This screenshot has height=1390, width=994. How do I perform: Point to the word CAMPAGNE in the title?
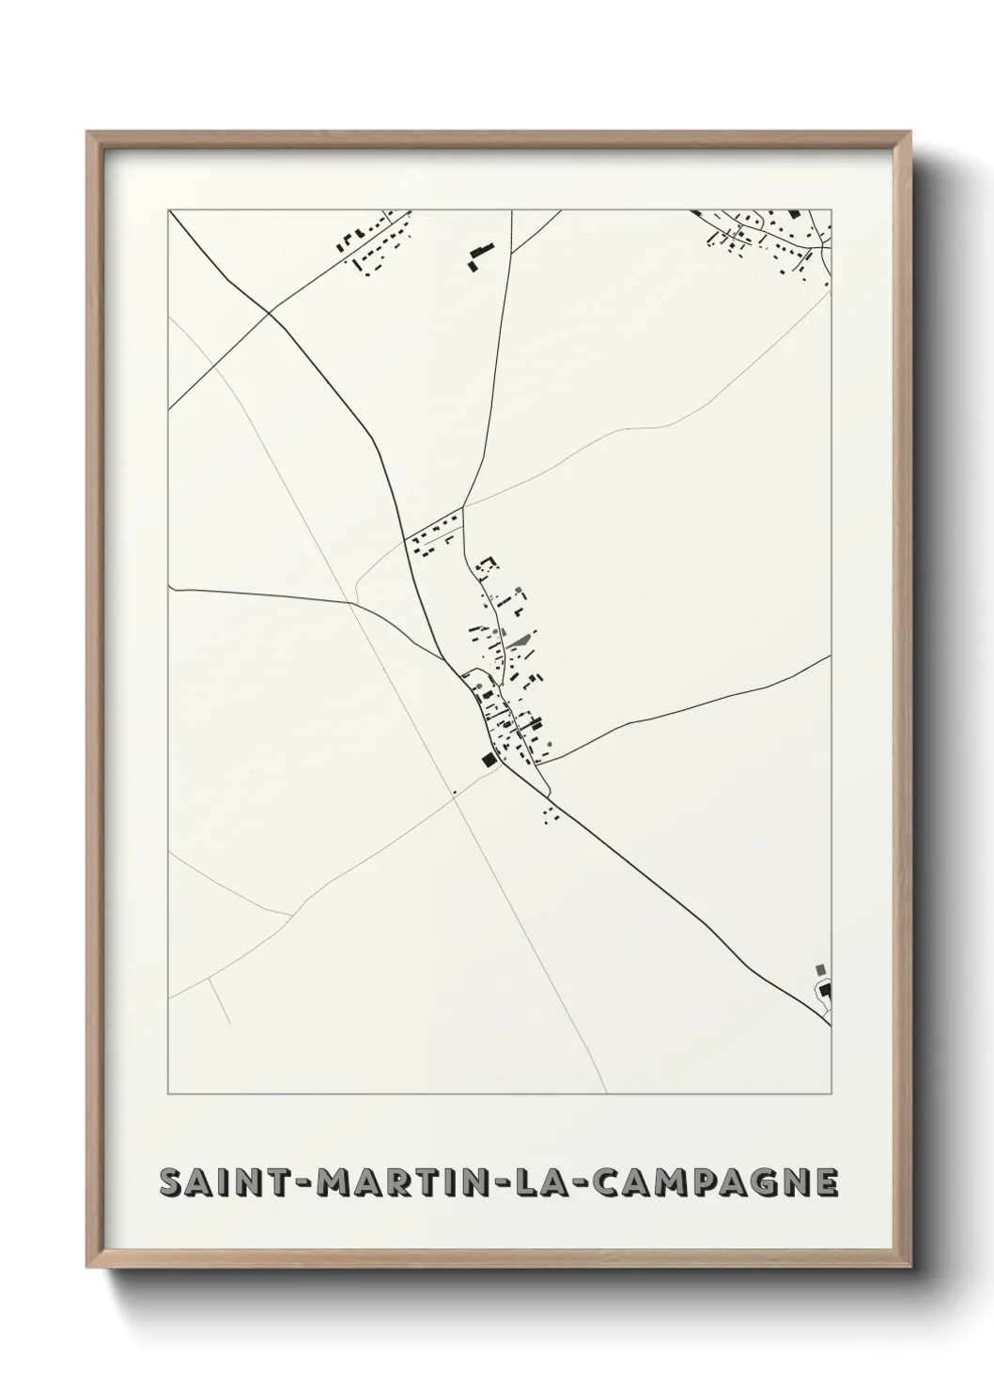(717, 1183)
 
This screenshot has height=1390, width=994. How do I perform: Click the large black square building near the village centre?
(488, 760)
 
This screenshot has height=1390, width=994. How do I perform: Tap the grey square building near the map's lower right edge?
(820, 969)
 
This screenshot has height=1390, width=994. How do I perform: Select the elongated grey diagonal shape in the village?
(519, 642)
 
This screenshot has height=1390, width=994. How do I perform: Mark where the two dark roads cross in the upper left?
(269, 312)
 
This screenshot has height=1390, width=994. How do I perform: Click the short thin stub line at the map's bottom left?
(219, 999)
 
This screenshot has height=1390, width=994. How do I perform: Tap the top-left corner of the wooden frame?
(88, 132)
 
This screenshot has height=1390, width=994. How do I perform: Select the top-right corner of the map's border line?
(832, 209)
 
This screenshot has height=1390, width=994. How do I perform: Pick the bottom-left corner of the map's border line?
(169, 1094)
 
